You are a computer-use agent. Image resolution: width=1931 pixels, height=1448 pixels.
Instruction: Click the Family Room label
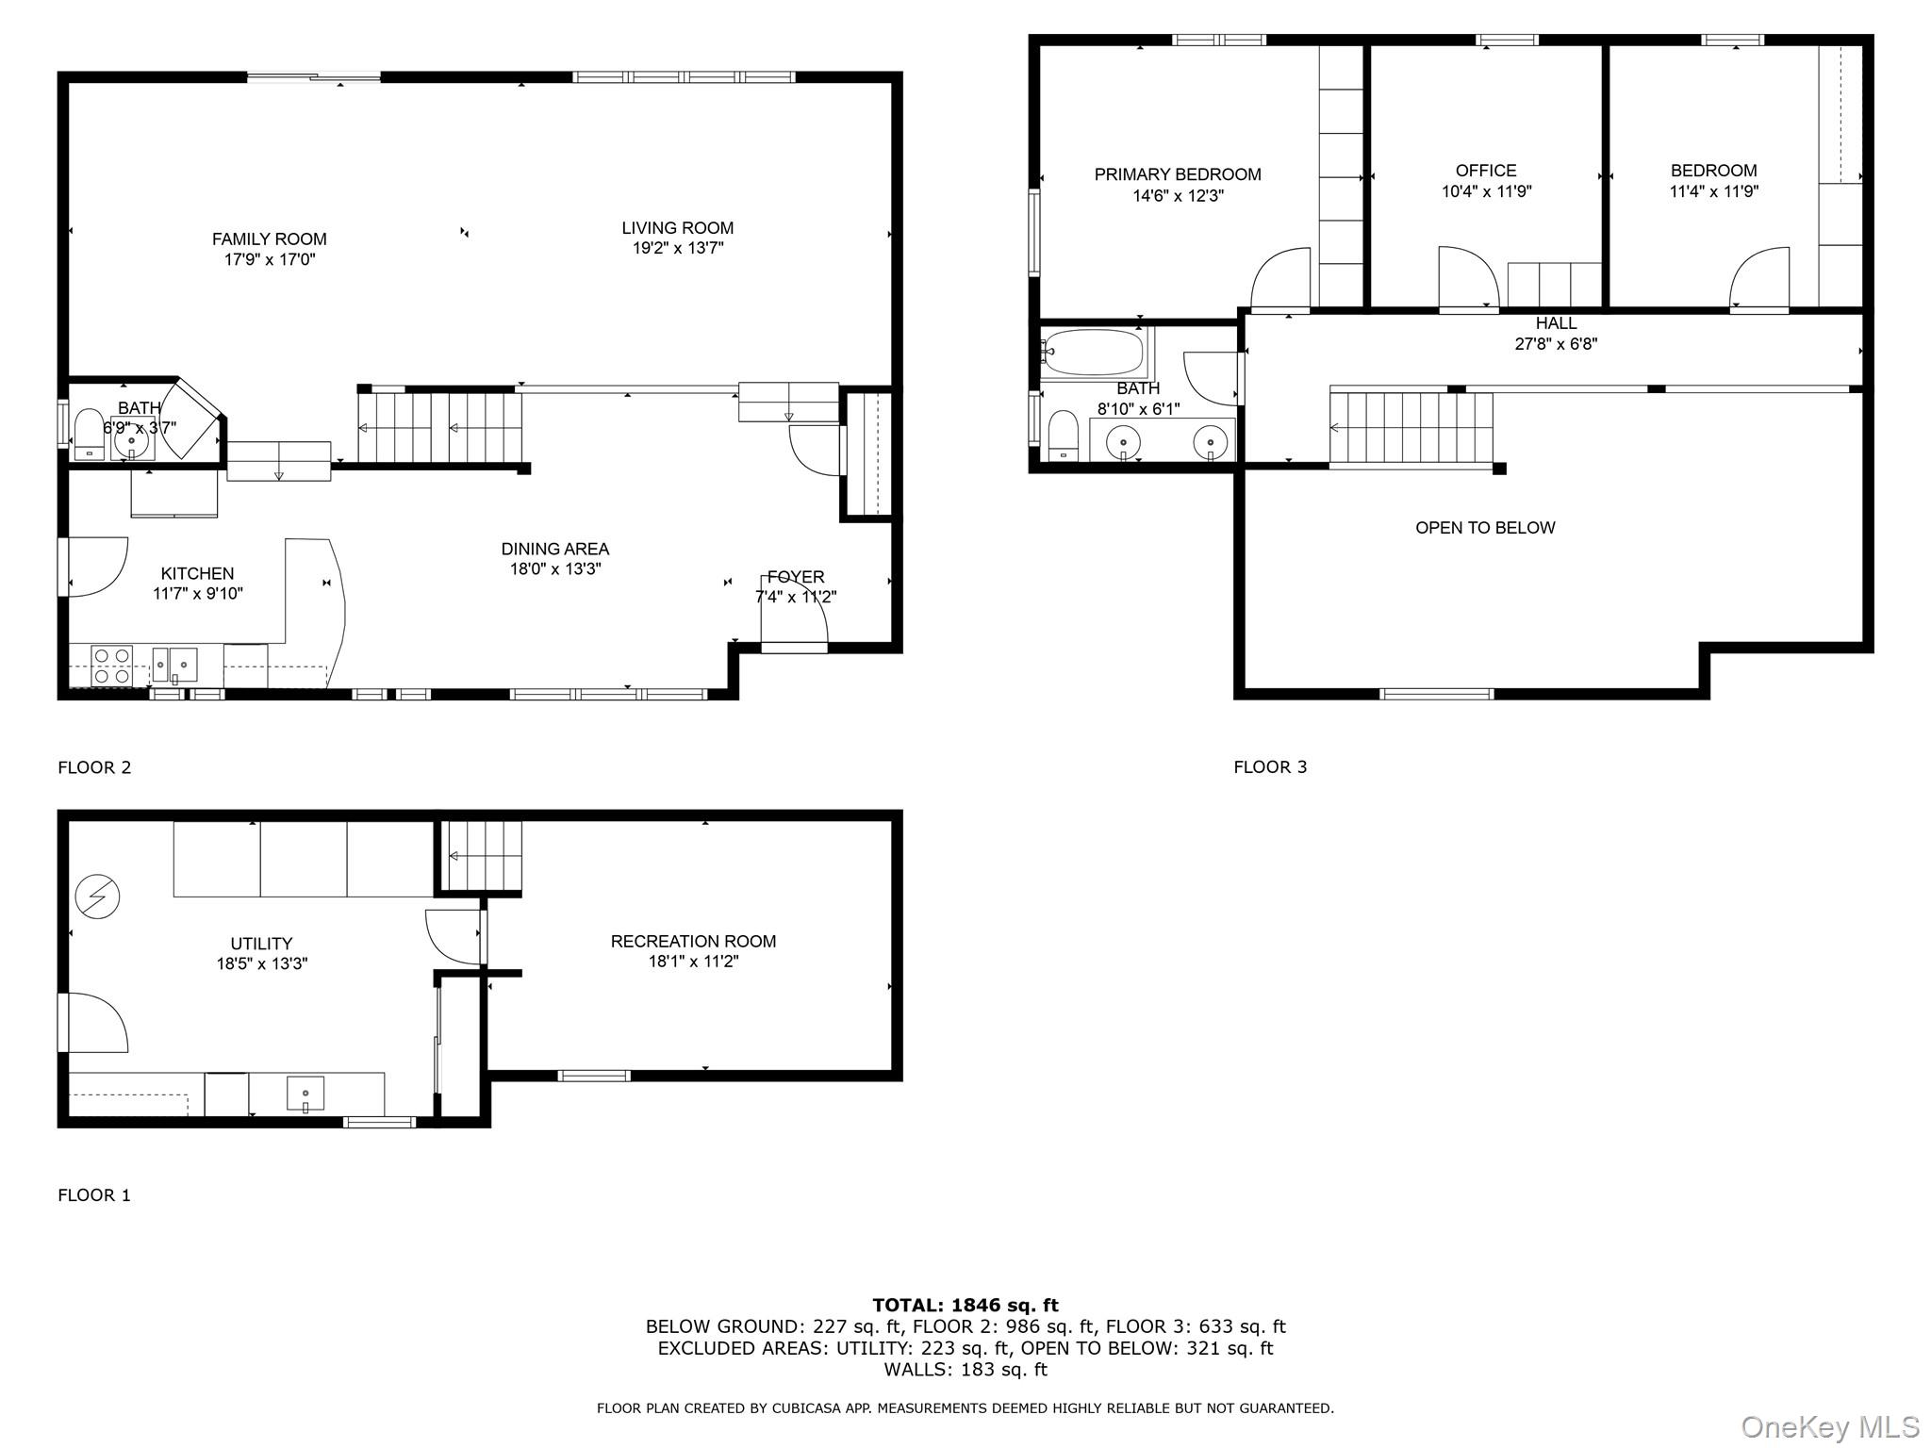click(x=269, y=239)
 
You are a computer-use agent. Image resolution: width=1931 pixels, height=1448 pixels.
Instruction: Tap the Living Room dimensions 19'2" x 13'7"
click(x=677, y=249)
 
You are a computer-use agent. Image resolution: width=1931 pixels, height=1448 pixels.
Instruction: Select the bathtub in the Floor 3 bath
click(x=1095, y=353)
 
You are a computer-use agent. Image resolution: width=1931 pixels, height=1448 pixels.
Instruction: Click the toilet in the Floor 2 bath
click(x=89, y=434)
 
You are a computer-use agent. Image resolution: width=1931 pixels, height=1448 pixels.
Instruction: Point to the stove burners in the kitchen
click(x=112, y=665)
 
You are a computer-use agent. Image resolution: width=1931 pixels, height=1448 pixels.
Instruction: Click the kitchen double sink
click(x=175, y=665)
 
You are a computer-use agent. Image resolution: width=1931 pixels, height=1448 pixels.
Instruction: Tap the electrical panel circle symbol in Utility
click(x=98, y=897)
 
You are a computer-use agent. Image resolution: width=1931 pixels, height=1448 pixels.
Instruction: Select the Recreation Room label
click(x=693, y=941)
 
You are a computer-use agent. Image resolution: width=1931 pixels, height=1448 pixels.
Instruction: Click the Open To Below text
click(x=1484, y=528)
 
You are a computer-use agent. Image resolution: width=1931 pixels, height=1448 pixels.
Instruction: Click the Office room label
click(x=1486, y=171)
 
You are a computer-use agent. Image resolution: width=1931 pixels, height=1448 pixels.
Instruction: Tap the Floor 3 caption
click(x=1269, y=767)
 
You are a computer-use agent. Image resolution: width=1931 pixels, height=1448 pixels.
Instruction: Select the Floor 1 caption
click(x=94, y=1195)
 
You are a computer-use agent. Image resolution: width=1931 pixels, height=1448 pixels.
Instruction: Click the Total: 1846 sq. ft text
click(x=965, y=1306)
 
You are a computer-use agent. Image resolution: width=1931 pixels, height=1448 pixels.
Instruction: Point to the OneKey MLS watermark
click(x=1829, y=1426)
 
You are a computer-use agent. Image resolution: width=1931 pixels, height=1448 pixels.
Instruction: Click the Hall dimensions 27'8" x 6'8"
click(x=1555, y=345)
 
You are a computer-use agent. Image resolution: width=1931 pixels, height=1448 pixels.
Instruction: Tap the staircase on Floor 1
click(x=484, y=856)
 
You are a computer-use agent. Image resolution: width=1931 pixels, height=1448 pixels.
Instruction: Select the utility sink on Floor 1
click(x=305, y=1094)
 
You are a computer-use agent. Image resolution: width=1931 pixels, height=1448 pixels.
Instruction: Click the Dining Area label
click(x=554, y=549)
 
